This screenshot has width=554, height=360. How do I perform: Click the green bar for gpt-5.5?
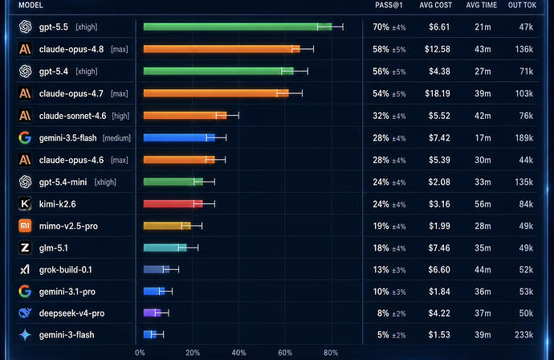point(238,27)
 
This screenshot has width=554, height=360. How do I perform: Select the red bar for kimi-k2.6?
point(173,203)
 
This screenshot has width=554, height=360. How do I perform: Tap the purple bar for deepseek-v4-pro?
point(152,313)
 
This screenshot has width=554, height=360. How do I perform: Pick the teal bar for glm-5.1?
point(165,247)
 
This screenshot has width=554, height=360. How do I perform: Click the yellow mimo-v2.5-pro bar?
point(167,226)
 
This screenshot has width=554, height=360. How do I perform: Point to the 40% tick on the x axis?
point(238,353)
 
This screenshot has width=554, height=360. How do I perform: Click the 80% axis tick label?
point(331,353)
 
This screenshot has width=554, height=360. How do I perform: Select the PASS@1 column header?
point(389,6)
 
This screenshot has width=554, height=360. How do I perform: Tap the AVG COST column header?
point(436,6)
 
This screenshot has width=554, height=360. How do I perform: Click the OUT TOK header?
point(522,6)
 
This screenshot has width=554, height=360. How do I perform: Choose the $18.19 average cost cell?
point(438,94)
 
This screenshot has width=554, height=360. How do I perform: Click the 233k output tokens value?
point(523,334)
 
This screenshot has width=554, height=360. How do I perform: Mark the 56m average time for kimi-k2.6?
point(483,204)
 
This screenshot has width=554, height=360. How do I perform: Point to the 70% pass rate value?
point(381,27)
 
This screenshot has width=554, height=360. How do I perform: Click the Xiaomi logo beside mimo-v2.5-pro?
point(25,226)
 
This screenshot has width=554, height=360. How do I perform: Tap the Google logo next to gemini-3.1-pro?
point(25,292)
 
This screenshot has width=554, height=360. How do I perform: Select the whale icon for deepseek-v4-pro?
point(25,313)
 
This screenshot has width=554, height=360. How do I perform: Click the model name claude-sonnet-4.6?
point(72,116)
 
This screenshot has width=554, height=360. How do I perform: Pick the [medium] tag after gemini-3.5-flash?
point(116,138)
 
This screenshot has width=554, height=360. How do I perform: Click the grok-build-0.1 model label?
point(65,270)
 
